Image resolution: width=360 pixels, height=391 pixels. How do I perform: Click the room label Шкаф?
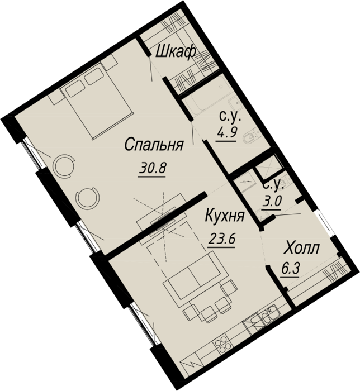click(x=176, y=53)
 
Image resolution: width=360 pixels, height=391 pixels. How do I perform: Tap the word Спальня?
click(x=154, y=145)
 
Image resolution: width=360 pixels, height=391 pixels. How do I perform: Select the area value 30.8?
click(x=151, y=169)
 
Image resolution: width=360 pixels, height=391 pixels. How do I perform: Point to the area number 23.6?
click(x=221, y=240)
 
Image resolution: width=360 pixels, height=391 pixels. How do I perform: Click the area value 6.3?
click(x=290, y=269)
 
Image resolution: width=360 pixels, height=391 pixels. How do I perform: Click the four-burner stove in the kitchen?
click(x=221, y=344)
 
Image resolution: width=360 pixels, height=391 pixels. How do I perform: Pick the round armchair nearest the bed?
click(x=64, y=165)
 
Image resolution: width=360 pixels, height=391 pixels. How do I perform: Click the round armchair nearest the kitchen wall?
click(x=87, y=197)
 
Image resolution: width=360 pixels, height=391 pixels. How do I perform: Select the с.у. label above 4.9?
click(x=230, y=117)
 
